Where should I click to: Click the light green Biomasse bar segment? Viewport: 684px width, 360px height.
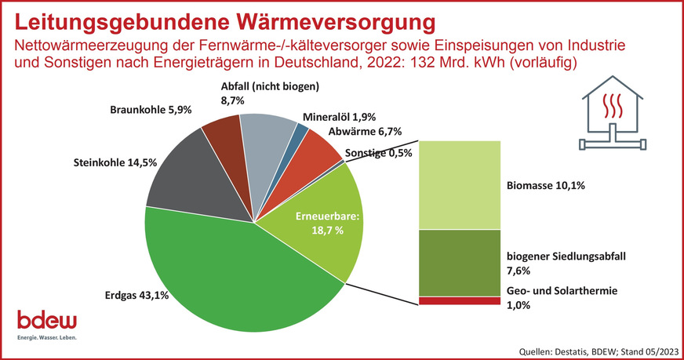[x=460, y=185]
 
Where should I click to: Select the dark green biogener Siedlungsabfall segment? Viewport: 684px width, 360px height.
[x=460, y=262]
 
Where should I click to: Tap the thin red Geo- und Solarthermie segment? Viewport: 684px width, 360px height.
[x=460, y=300]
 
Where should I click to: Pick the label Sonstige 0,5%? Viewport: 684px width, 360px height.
[x=378, y=153]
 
